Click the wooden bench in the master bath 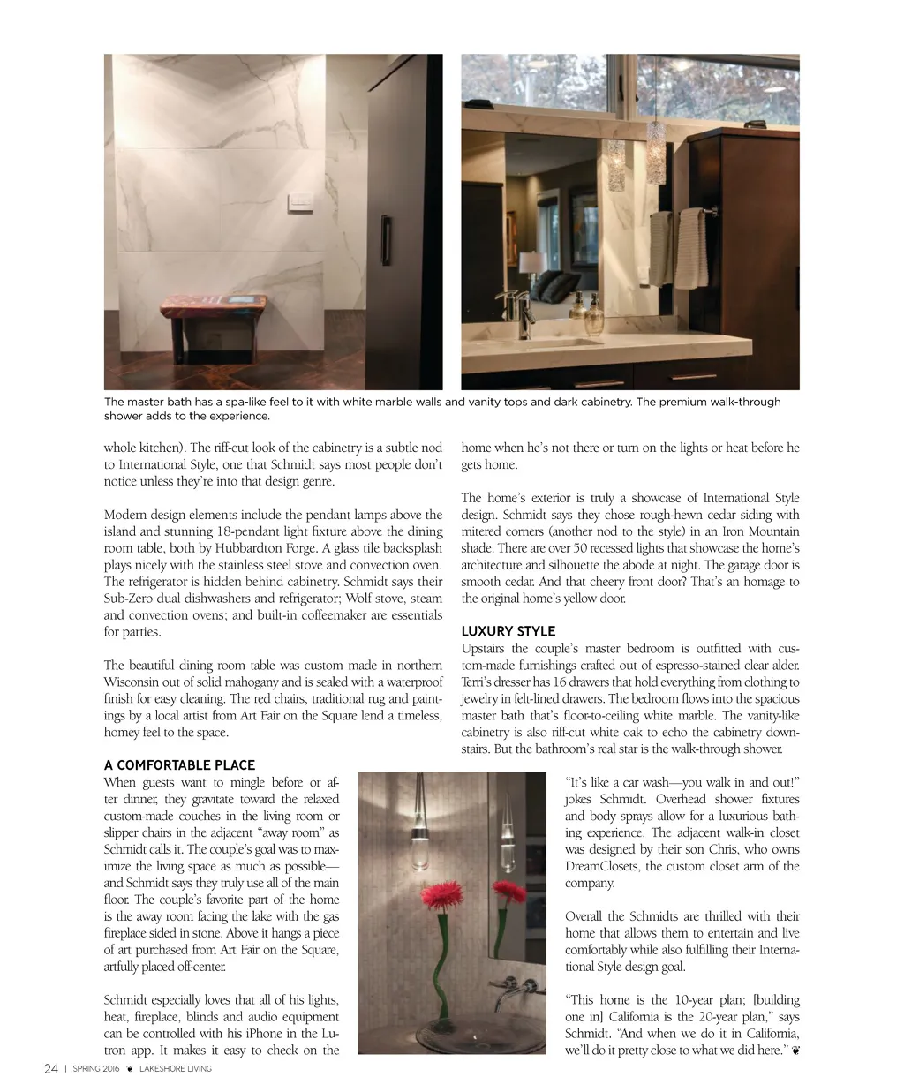click(213, 310)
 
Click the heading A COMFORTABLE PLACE click(179, 765)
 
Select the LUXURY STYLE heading click(508, 631)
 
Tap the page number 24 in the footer click(51, 1069)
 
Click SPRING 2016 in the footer click(96, 1069)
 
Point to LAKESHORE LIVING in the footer click(176, 1069)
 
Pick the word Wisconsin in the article click(133, 682)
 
